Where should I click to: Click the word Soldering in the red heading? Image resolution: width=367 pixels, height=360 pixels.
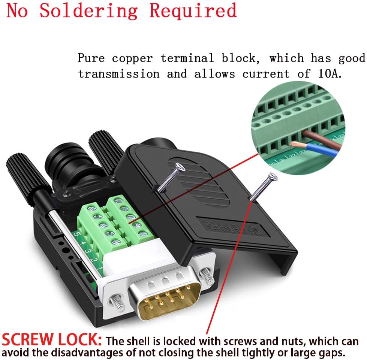pos(88,11)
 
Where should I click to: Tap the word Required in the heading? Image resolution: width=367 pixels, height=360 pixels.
pos(193,11)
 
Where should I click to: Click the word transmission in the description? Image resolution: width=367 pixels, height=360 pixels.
pos(119,74)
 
